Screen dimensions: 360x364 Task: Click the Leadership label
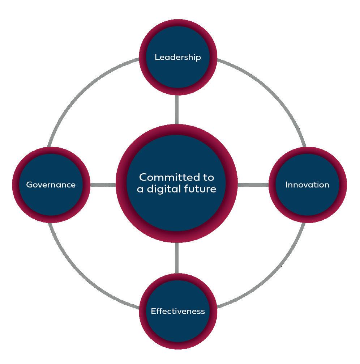[177, 57]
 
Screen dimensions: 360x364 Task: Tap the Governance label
[51, 185]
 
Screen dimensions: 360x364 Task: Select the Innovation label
[307, 185]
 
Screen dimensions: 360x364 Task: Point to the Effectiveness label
[177, 311]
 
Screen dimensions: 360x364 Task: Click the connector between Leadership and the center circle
[177, 110]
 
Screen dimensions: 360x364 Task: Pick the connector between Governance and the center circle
[103, 185]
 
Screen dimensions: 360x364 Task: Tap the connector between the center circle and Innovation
[253, 185]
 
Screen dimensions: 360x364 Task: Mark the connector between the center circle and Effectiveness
[177, 258]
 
